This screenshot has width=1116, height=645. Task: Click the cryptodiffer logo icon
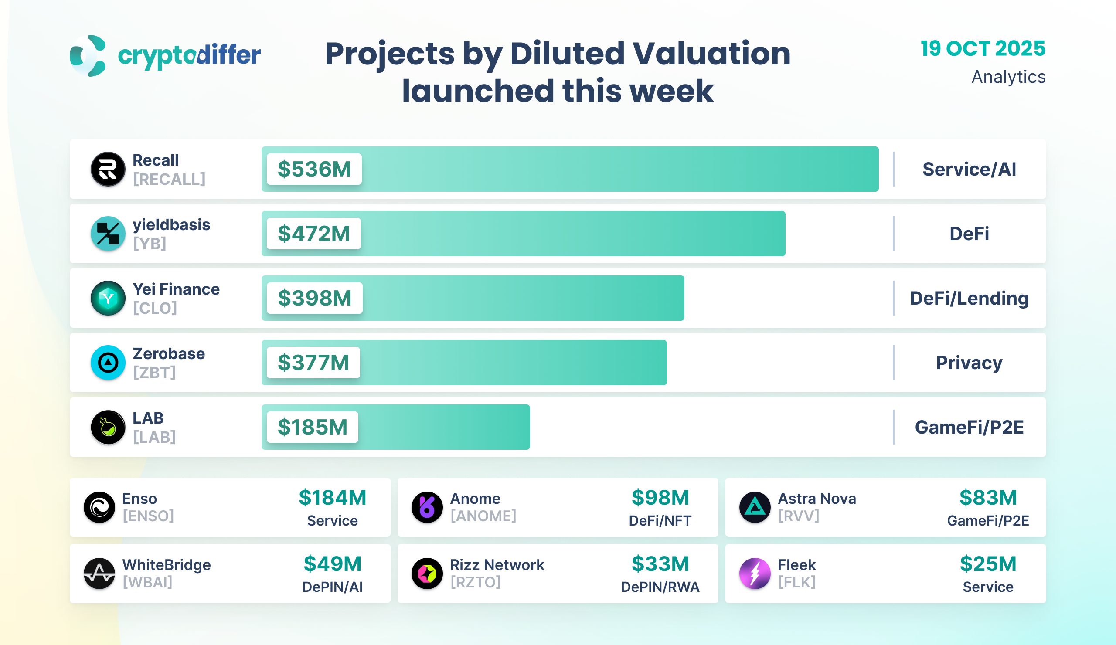(88, 56)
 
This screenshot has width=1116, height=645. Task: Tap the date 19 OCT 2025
(983, 49)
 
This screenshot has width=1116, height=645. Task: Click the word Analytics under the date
(1008, 77)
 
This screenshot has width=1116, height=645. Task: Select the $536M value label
(314, 169)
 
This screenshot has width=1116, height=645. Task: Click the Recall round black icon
(108, 169)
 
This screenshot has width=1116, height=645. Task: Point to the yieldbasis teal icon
(108, 234)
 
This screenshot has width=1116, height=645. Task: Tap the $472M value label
(313, 234)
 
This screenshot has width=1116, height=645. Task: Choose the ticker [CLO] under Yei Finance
(155, 308)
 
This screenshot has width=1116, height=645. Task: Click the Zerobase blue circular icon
(108, 363)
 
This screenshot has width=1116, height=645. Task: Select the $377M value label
(313, 363)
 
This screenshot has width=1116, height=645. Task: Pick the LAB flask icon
(108, 427)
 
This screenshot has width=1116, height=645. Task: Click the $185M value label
(312, 427)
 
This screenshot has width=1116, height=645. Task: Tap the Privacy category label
(969, 363)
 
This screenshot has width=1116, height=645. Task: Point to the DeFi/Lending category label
(969, 299)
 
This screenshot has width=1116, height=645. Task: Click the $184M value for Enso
(333, 498)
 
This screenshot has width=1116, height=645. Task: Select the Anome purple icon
(427, 507)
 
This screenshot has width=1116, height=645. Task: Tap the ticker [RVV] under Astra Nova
(799, 516)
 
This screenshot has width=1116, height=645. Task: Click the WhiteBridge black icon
(99, 573)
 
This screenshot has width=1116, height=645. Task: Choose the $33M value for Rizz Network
(660, 564)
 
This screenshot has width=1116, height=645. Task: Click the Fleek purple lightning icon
(755, 573)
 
